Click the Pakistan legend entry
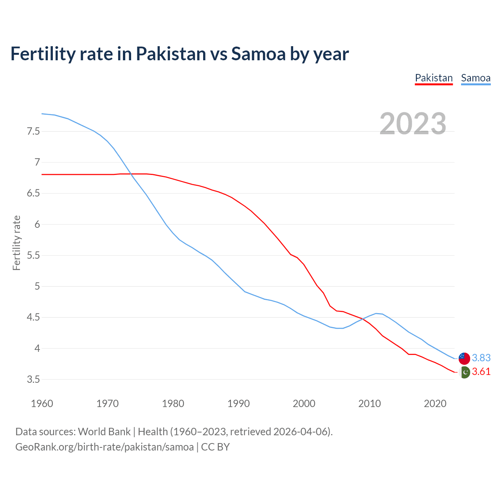click(434, 78)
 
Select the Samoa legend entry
click(476, 78)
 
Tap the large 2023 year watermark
click(413, 124)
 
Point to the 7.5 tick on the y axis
click(33, 131)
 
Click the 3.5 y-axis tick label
click(33, 379)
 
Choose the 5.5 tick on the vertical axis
click(33, 255)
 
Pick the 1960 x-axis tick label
click(42, 404)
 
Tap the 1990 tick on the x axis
click(238, 404)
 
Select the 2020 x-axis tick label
click(435, 404)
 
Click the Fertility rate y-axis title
click(16, 243)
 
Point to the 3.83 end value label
click(481, 358)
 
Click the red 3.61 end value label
click(481, 371)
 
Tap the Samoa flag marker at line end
click(464, 358)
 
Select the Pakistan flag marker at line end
click(465, 372)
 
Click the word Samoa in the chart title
click(258, 54)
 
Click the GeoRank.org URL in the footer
click(104, 447)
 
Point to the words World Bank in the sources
click(104, 432)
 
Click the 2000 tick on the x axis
click(304, 404)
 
